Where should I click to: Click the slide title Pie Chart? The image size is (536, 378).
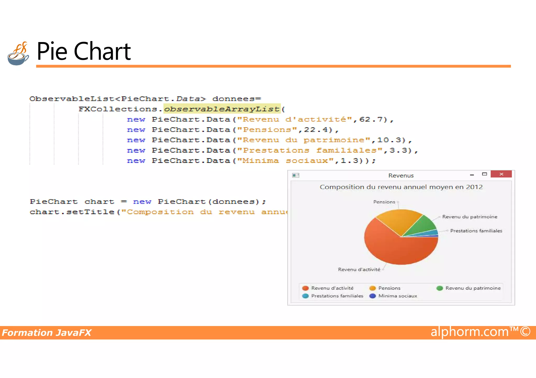click(x=83, y=51)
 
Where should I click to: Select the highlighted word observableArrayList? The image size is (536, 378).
click(x=222, y=109)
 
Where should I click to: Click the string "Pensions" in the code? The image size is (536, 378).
click(x=267, y=130)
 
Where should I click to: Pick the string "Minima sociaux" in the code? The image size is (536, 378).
click(x=285, y=161)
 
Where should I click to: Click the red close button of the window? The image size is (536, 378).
click(x=501, y=174)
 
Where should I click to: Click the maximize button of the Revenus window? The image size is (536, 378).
click(x=484, y=174)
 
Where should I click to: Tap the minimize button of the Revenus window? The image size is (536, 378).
click(x=472, y=175)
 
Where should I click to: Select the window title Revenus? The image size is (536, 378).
click(x=401, y=176)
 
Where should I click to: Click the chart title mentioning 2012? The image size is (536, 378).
click(x=401, y=187)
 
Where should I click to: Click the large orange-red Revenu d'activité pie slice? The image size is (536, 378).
click(x=395, y=248)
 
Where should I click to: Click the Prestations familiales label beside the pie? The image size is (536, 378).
click(x=476, y=231)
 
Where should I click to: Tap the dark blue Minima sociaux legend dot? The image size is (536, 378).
click(x=373, y=296)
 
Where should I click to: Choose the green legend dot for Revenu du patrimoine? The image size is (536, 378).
click(x=440, y=288)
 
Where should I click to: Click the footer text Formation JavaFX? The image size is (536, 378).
click(x=47, y=333)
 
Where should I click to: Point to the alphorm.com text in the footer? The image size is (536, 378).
click(x=470, y=332)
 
